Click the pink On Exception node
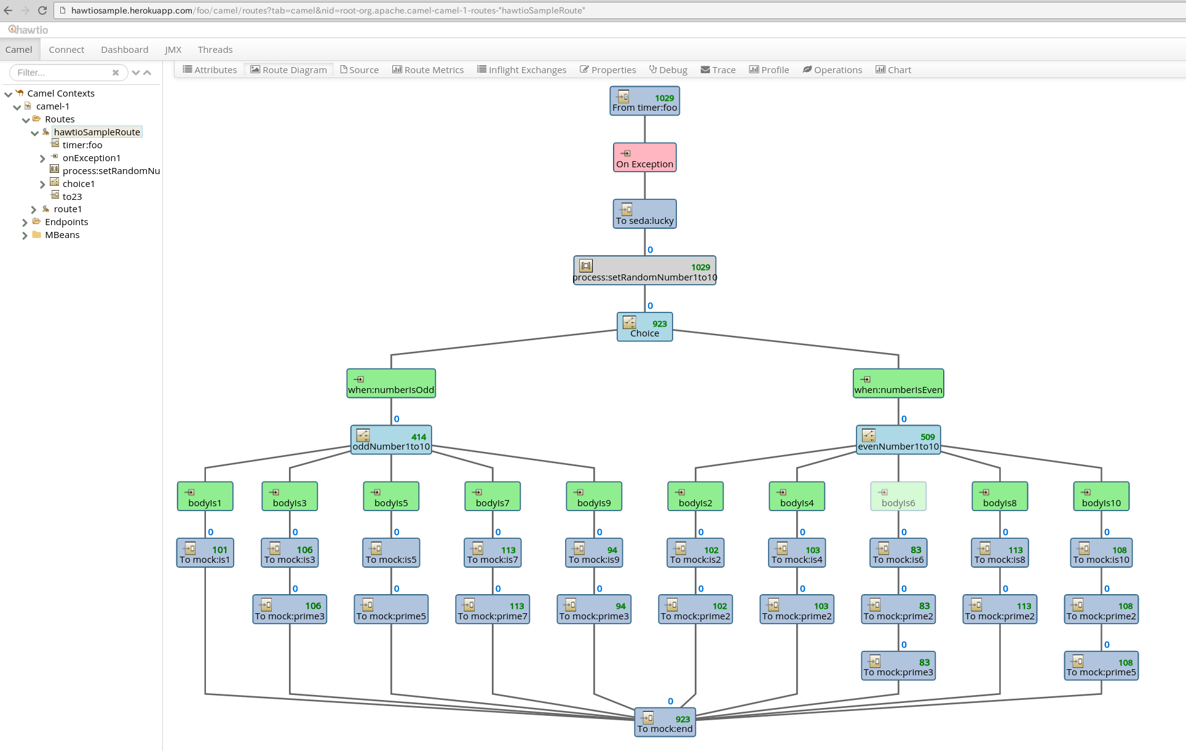point(644,157)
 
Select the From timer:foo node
point(644,101)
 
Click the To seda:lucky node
point(644,214)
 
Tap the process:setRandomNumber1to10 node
point(644,271)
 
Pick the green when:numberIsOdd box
point(391,383)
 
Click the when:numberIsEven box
point(898,383)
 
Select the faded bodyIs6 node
point(898,496)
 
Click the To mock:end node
point(665,723)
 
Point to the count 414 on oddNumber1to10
point(419,437)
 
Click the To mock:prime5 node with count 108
point(1101,666)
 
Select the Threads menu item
point(215,50)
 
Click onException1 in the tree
point(91,158)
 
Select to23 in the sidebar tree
point(72,197)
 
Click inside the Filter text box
point(61,73)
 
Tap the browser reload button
point(42,10)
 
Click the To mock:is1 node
point(205,553)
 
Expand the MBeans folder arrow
point(25,236)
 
